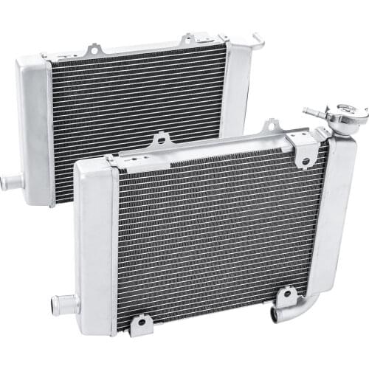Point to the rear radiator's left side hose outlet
click(10, 181)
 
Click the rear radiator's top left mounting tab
click(94, 51)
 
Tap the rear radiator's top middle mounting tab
click(187, 38)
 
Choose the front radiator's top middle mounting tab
click(270, 125)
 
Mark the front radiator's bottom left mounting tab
click(139, 323)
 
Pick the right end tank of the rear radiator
click(236, 89)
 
